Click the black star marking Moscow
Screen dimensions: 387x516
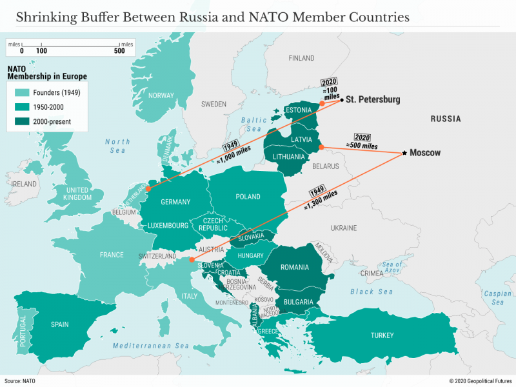[x=404, y=153]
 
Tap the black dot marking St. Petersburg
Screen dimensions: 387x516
[x=341, y=100]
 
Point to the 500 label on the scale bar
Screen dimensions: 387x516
[x=119, y=50]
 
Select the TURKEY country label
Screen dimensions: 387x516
[x=382, y=335]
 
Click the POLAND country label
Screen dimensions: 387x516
[x=248, y=197]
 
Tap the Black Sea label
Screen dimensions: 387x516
[x=372, y=292]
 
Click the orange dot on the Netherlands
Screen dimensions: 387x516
[x=148, y=189]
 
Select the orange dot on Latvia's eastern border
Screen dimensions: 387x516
[x=321, y=147]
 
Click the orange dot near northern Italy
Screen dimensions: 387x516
[x=192, y=260]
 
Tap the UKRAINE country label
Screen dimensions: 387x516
[x=343, y=228]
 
